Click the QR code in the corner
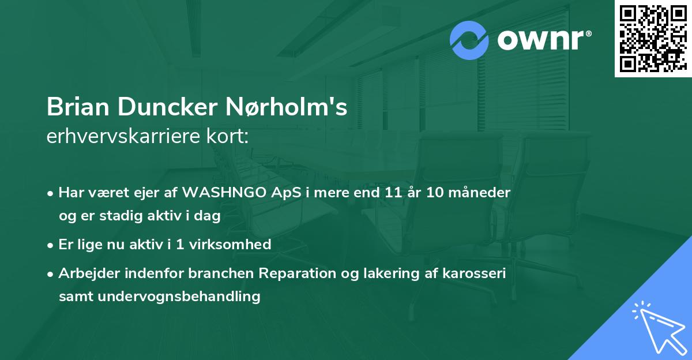pyautogui.click(x=653, y=39)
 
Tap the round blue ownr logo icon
pyautogui.click(x=469, y=40)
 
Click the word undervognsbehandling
pyautogui.click(x=178, y=297)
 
